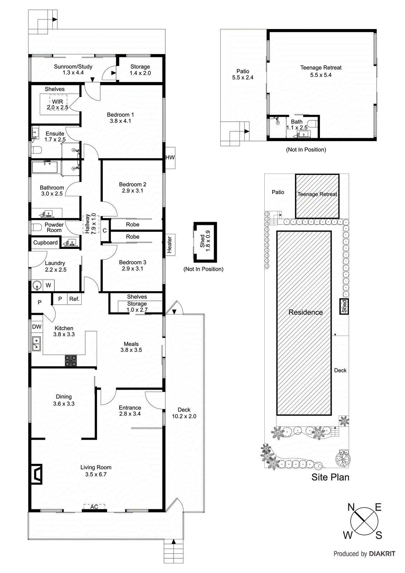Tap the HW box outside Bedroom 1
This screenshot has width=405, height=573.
170,158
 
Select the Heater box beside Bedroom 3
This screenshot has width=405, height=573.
169,244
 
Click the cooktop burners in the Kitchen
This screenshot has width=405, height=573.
71,360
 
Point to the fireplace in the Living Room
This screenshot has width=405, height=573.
37,474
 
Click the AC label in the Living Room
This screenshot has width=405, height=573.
94,507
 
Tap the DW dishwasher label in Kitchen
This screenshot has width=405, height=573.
37,327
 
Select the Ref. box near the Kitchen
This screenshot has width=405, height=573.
74,299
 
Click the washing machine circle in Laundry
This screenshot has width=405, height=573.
37,285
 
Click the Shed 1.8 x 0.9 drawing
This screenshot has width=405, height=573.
205,242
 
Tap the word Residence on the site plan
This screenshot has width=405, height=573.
305,312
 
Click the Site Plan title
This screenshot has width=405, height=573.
330,477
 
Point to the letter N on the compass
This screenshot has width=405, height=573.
351,507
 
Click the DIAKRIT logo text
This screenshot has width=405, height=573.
382,554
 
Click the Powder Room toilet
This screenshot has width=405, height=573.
36,227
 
